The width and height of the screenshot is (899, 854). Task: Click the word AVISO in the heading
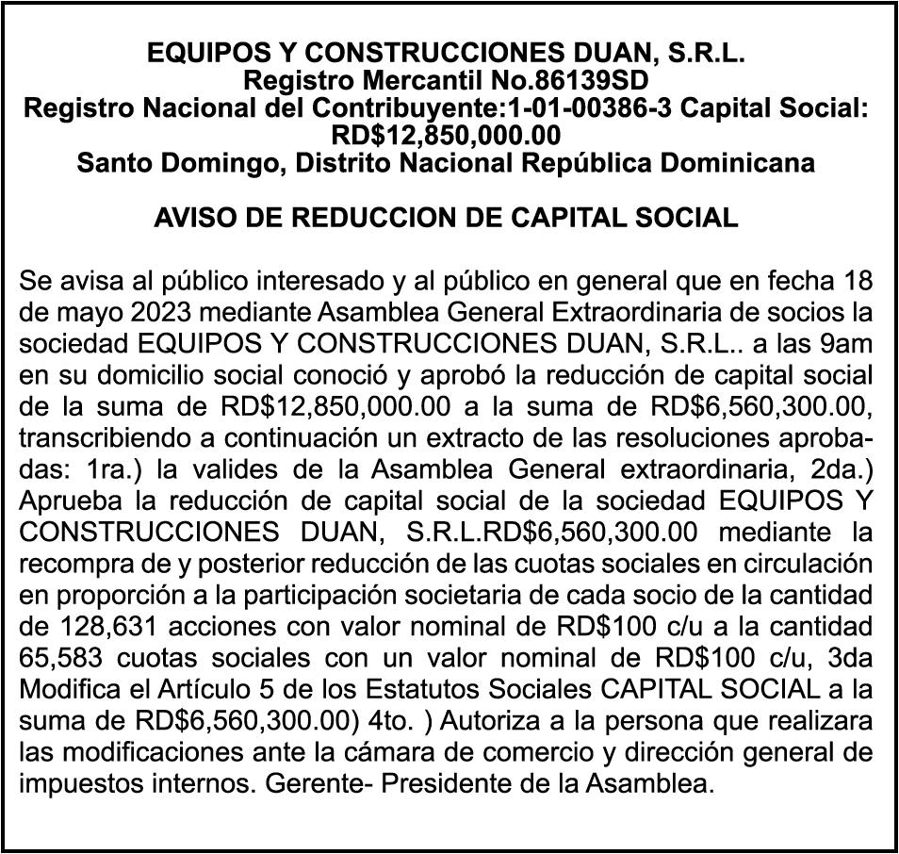tap(195, 218)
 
